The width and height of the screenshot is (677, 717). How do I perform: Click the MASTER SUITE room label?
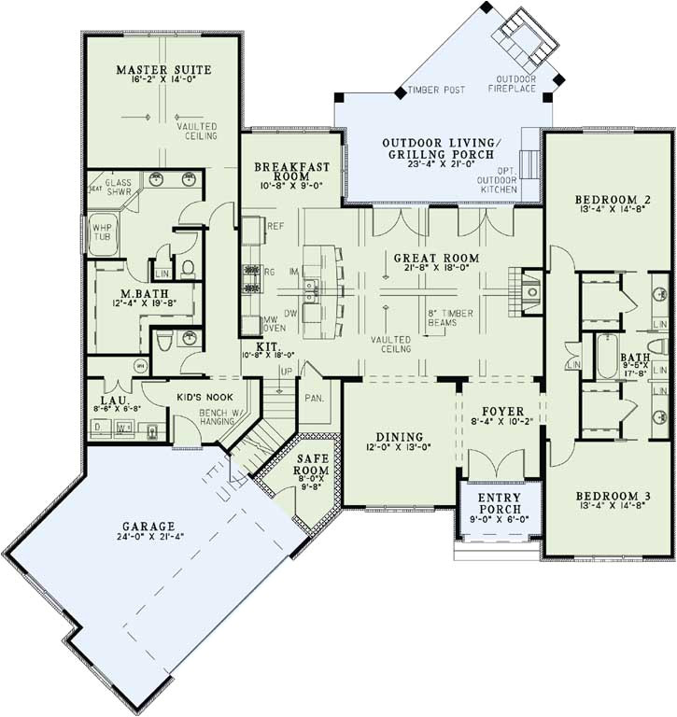tap(163, 70)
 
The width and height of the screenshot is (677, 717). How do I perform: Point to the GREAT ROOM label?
tap(436, 258)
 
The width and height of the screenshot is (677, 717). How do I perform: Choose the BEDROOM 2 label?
tap(612, 200)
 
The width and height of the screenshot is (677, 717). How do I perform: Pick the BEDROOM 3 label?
tap(612, 496)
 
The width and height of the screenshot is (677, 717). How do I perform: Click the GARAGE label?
tap(154, 526)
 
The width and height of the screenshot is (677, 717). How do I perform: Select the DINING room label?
tap(400, 437)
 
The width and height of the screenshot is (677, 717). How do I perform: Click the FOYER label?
tap(502, 411)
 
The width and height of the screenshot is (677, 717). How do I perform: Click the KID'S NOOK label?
tap(204, 396)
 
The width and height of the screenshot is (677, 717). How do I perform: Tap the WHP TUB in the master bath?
tap(100, 230)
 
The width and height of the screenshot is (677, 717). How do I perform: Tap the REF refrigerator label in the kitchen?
tap(275, 226)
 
